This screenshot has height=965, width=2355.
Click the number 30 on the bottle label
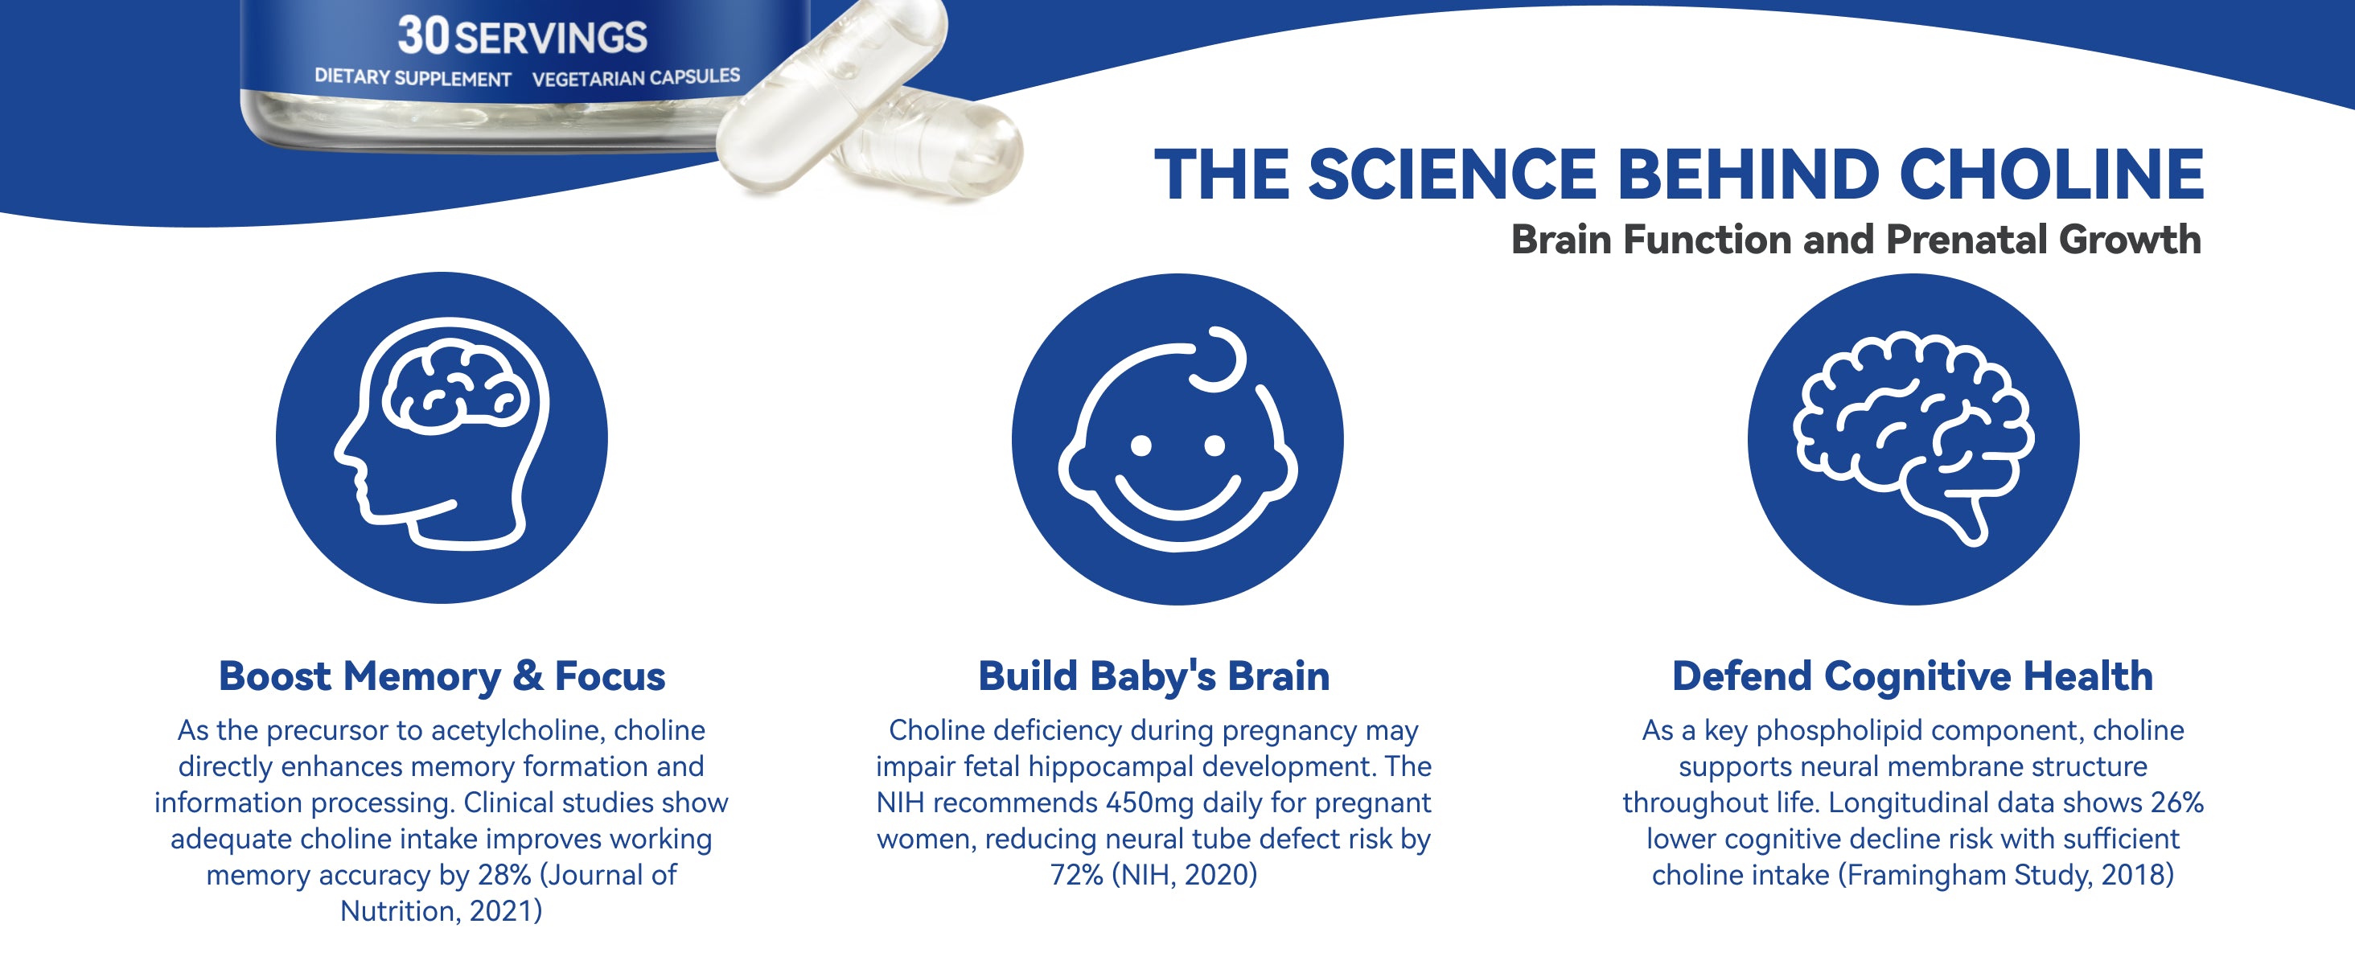(x=424, y=35)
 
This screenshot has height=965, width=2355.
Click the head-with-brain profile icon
(x=442, y=437)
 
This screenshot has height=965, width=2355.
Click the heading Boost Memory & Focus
(x=442, y=677)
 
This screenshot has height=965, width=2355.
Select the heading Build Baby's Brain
(x=1153, y=677)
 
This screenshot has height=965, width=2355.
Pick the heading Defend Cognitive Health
(x=1913, y=677)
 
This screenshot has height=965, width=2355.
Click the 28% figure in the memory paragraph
(x=503, y=876)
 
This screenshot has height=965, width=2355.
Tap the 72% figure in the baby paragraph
(x=1077, y=876)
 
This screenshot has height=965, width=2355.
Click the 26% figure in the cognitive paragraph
(x=2176, y=803)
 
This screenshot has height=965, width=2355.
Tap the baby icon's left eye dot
(x=1141, y=446)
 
